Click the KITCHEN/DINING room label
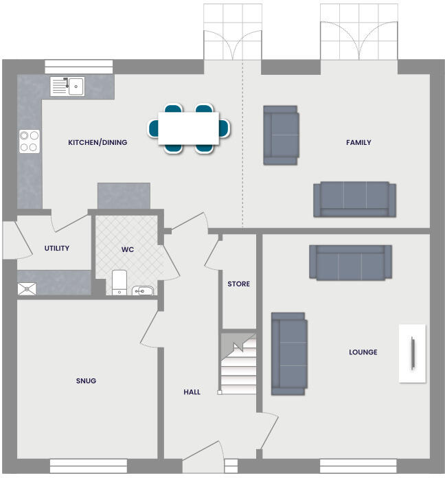pyautogui.click(x=98, y=143)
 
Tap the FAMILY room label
pyautogui.click(x=358, y=143)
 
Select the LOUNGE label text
pyautogui.click(x=363, y=352)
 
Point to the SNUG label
pyautogui.click(x=86, y=380)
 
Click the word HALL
pyautogui.click(x=192, y=392)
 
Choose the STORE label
pyautogui.click(x=238, y=284)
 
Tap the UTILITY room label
pyautogui.click(x=56, y=249)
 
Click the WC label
pyautogui.click(x=128, y=249)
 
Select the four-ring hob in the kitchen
pyautogui.click(x=29, y=141)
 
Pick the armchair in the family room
pyautogui.click(x=281, y=135)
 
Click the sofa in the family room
pyautogui.click(x=354, y=198)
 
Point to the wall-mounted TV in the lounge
pyautogui.click(x=412, y=353)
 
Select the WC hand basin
pyautogui.click(x=142, y=291)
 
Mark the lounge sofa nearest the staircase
pyautogui.click(x=288, y=354)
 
